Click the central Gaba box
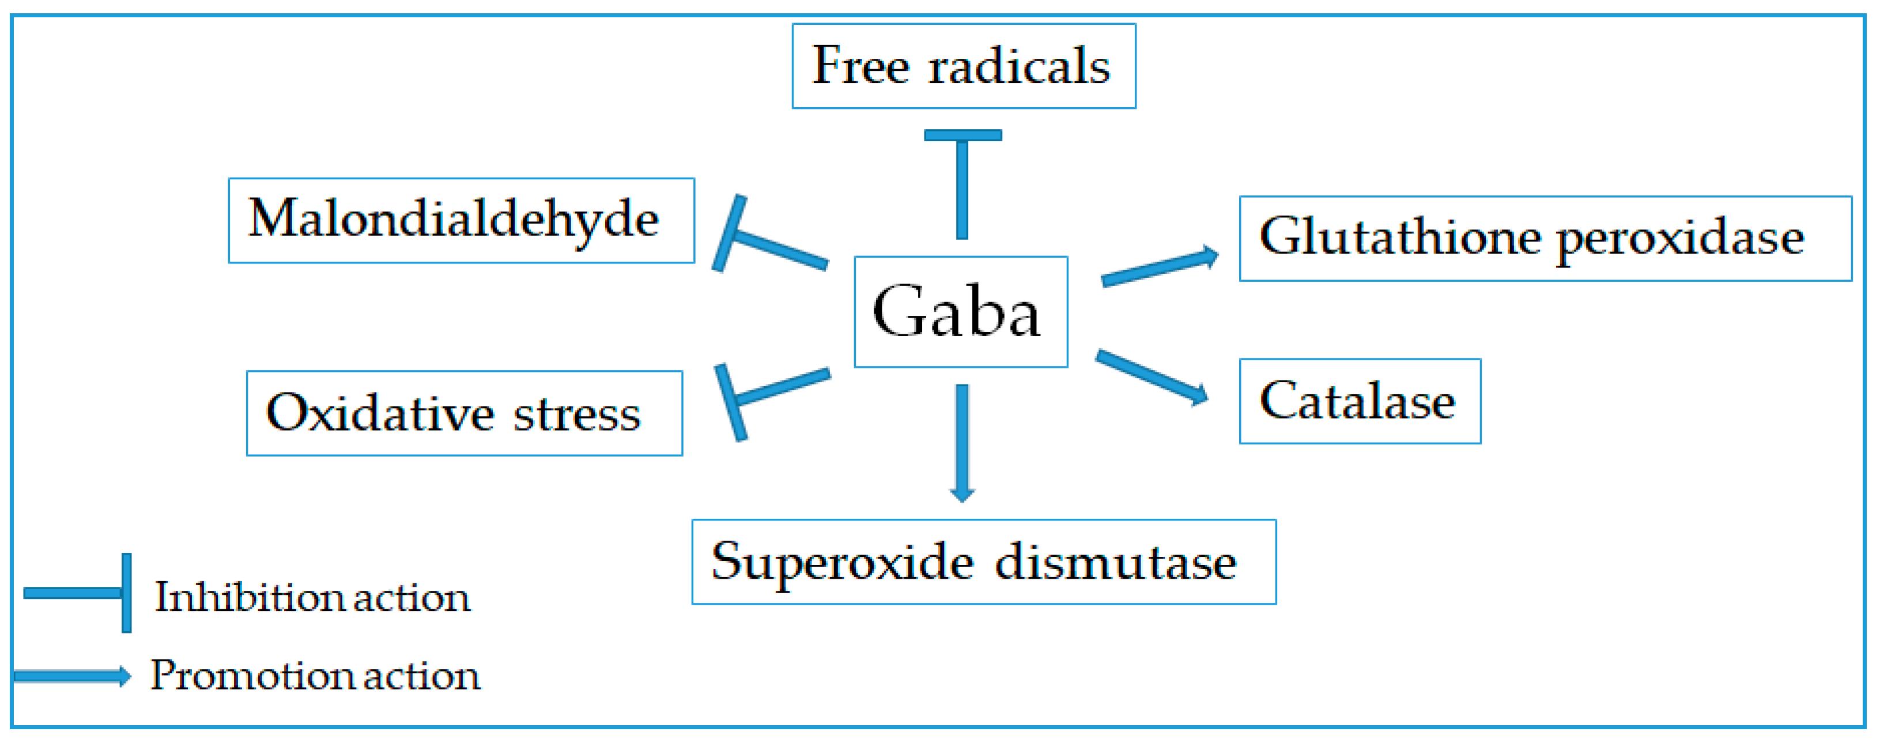(960, 312)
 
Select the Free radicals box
(964, 66)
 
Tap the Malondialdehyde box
(461, 220)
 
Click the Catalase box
(1360, 401)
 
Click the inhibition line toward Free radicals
(962, 186)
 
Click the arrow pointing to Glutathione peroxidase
(1157, 268)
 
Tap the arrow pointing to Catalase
(1149, 376)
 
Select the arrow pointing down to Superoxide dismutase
(962, 442)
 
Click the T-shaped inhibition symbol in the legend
(80, 593)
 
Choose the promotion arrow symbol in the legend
(71, 676)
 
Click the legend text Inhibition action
(312, 598)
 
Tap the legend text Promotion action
(315, 676)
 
